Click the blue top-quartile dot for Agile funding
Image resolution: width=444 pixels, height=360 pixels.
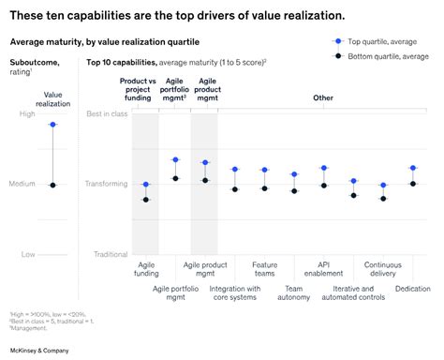click(x=145, y=185)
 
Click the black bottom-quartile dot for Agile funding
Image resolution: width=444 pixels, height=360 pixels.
click(x=145, y=200)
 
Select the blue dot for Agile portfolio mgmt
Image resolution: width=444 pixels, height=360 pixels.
click(x=175, y=160)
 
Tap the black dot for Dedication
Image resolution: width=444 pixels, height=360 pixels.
click(x=413, y=184)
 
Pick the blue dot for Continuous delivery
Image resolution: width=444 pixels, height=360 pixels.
click(x=383, y=186)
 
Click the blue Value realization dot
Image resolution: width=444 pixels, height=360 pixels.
click(x=52, y=124)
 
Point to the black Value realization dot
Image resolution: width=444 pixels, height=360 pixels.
click(x=52, y=185)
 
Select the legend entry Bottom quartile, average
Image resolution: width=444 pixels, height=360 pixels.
click(x=387, y=56)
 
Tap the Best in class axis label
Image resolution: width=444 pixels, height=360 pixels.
click(x=106, y=113)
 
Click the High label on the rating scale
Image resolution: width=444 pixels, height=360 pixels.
click(x=28, y=113)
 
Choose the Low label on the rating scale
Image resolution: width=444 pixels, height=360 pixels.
click(x=28, y=254)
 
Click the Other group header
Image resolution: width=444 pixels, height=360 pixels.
click(x=323, y=97)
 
